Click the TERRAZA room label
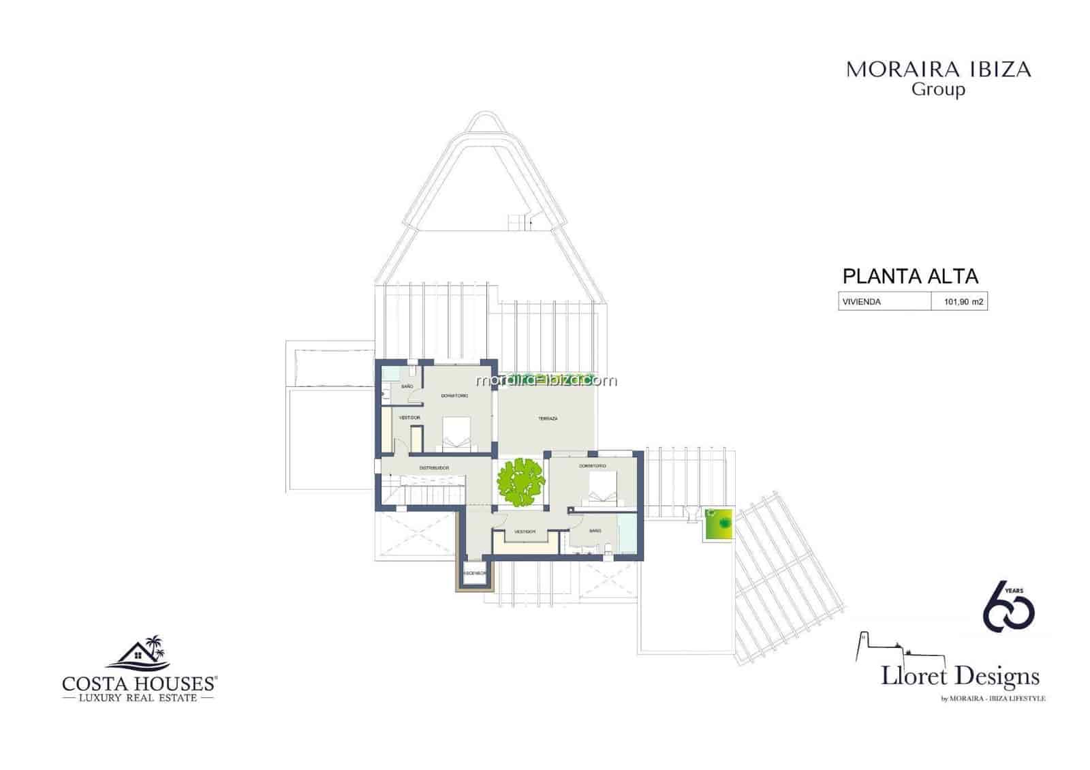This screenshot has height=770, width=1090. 548,418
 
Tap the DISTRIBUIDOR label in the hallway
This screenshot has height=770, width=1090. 433,467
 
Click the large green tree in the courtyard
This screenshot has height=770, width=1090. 521,482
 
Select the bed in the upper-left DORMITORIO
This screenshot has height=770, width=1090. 456,433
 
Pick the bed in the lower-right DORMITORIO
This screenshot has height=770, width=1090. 602,489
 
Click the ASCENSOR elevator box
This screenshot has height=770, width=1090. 474,573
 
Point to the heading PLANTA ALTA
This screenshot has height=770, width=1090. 910,277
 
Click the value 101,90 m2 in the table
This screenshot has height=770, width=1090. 963,302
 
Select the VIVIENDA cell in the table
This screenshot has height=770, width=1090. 862,302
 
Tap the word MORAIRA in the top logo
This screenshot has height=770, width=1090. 891,70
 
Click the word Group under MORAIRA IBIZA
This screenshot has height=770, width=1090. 938,89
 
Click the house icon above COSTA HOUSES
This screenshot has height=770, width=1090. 140,652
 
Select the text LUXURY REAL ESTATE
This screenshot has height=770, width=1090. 138,698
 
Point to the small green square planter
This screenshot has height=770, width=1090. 719,525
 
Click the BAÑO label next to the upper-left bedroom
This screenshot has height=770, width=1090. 407,386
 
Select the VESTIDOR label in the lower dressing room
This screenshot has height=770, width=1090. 525,532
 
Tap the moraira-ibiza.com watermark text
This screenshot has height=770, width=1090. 546,380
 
